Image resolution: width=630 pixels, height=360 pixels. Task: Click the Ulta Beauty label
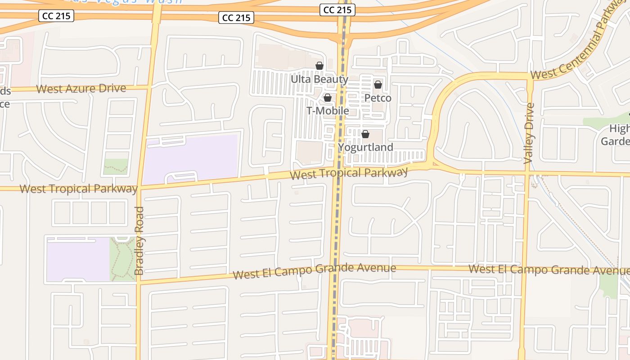click(x=319, y=80)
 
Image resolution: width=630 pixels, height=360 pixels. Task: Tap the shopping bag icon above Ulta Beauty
click(x=319, y=66)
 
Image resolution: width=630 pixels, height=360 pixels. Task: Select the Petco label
click(x=378, y=98)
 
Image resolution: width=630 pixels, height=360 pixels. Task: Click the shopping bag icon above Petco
click(x=378, y=85)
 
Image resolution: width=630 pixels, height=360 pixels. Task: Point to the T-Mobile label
click(x=328, y=111)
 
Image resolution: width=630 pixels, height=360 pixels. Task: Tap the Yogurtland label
click(x=365, y=147)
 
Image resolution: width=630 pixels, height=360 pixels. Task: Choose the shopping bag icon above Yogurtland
click(x=365, y=134)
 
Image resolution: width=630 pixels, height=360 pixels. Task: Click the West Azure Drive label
click(x=81, y=88)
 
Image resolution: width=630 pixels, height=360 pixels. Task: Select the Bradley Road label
click(x=139, y=241)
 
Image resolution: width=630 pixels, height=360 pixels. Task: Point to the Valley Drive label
click(x=529, y=133)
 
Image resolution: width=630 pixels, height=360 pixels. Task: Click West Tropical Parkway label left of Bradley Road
click(x=78, y=189)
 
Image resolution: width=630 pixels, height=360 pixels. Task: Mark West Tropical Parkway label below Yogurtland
click(x=349, y=173)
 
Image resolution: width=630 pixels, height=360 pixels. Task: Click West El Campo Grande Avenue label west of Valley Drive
click(x=315, y=271)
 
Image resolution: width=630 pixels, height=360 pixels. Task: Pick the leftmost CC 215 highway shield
click(x=56, y=16)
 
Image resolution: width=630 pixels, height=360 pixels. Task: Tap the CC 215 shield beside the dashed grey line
click(x=337, y=10)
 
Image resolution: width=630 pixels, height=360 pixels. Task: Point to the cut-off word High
click(x=619, y=129)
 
